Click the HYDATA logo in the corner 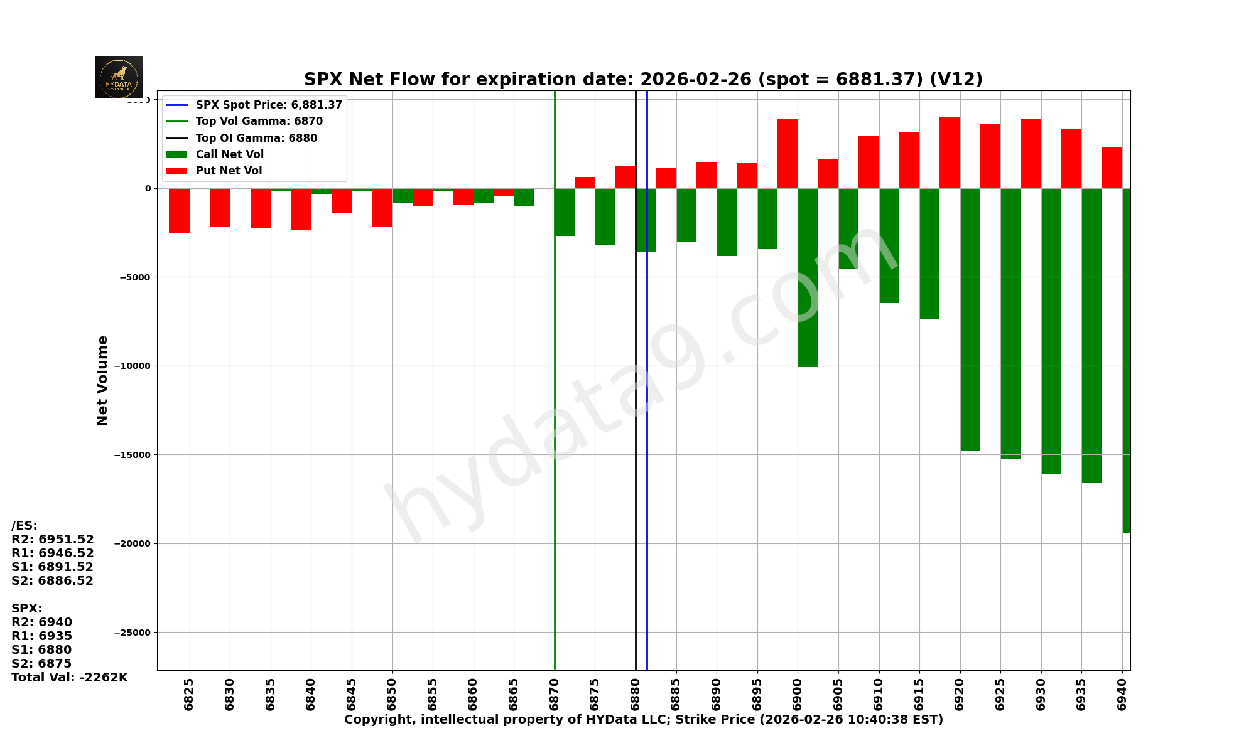(x=119, y=77)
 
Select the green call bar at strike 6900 (x=808, y=277)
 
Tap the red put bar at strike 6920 (x=950, y=152)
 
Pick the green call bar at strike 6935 (x=1091, y=335)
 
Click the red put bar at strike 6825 (x=179, y=211)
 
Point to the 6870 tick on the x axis (x=555, y=694)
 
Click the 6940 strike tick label (x=1122, y=694)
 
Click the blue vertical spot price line (x=647, y=439)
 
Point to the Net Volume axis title (x=102, y=380)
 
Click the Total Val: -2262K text (x=69, y=678)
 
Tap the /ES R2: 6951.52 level (x=53, y=540)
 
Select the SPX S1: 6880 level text (x=41, y=650)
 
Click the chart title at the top (x=643, y=80)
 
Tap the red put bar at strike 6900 (x=788, y=153)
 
